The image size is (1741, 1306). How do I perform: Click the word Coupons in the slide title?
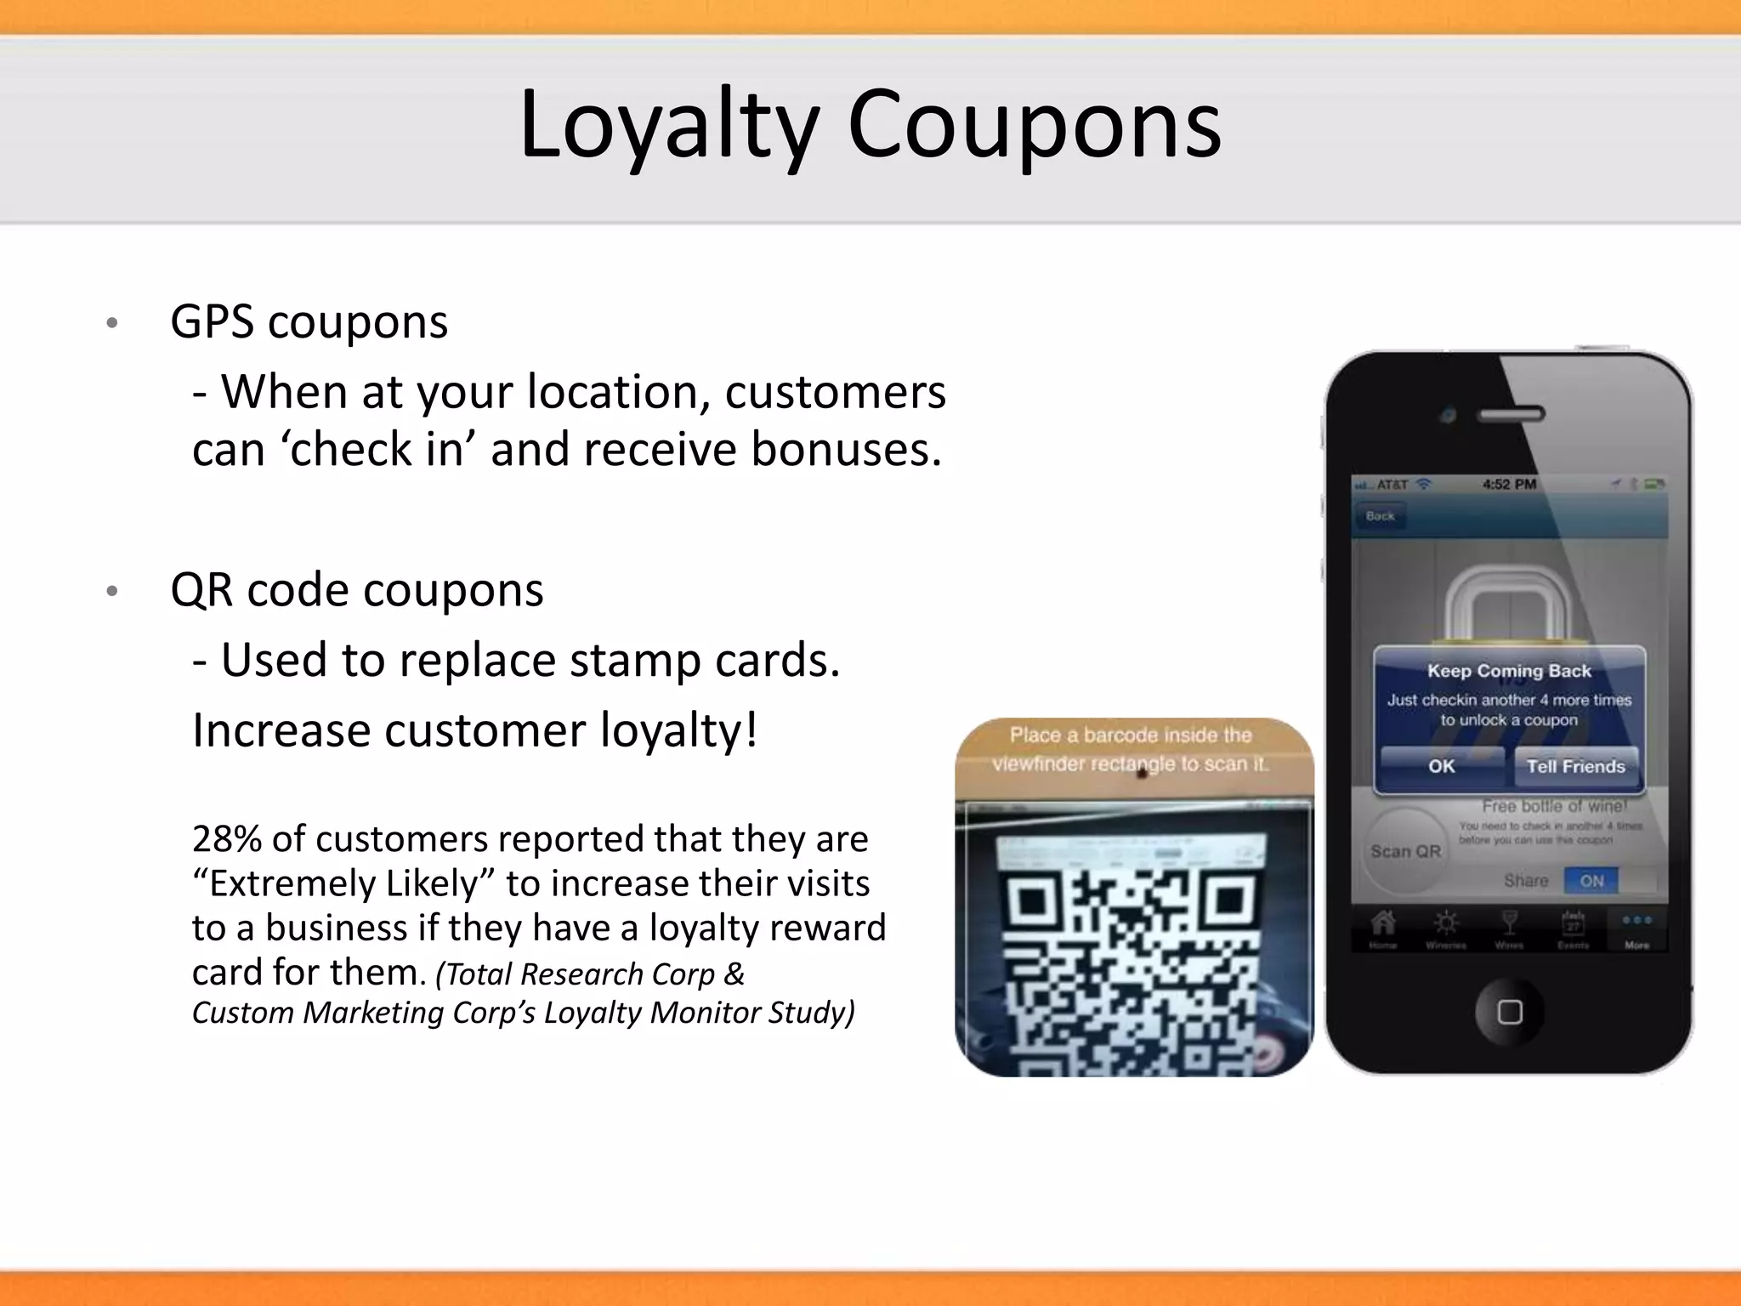tap(1034, 125)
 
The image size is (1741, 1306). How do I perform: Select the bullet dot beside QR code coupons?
tap(111, 592)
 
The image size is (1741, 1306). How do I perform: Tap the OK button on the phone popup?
tap(1441, 766)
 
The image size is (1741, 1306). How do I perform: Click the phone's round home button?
tap(1509, 1012)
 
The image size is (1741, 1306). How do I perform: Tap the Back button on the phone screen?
tap(1380, 516)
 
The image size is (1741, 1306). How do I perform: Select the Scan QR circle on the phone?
tap(1405, 850)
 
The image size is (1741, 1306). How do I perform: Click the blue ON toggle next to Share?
tap(1591, 881)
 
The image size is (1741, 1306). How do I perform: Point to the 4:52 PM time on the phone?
tap(1509, 485)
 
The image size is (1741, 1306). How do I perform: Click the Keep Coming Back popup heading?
tap(1509, 671)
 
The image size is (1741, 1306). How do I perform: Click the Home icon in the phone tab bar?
tap(1383, 925)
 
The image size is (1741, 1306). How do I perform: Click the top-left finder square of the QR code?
tap(1034, 901)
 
